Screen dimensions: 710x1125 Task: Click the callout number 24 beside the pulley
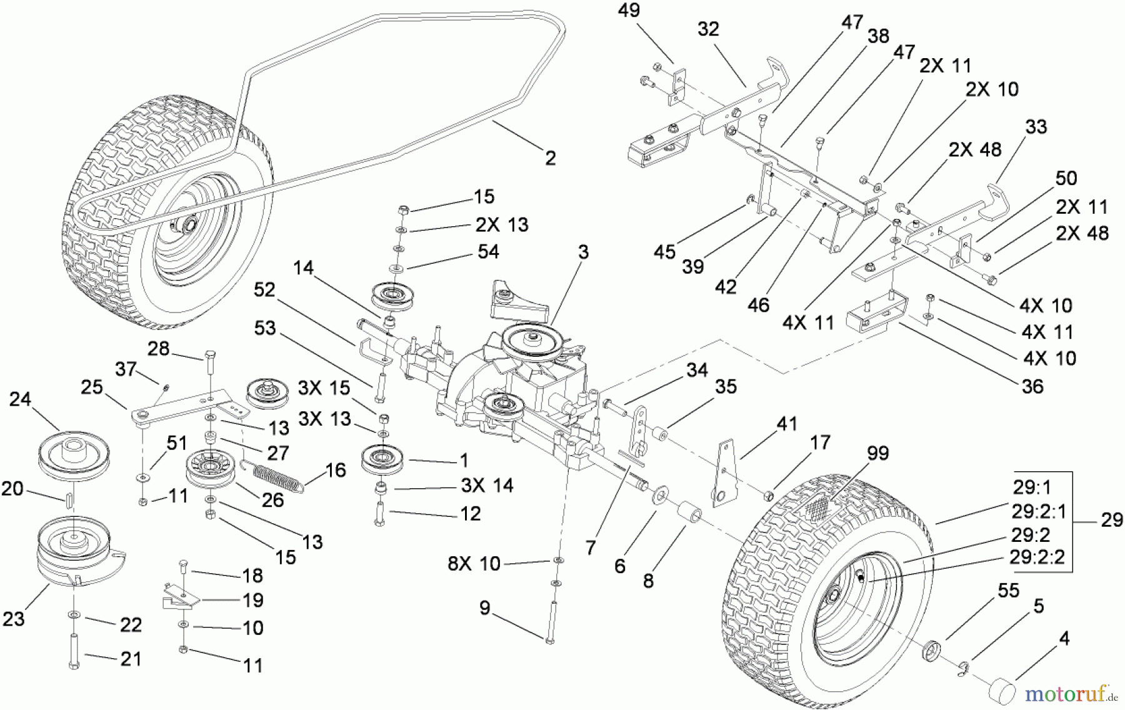coord(20,399)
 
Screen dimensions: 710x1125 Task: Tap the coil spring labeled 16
coord(275,476)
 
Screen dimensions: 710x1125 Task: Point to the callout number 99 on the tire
coord(877,453)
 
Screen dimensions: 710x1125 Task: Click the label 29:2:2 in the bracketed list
coord(1037,556)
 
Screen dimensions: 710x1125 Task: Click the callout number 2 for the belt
coord(550,157)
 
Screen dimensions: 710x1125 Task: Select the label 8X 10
coord(474,564)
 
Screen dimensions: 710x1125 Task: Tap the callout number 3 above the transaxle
coord(583,252)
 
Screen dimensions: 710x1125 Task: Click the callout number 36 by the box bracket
coord(1032,386)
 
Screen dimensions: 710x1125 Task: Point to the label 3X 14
coord(487,485)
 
